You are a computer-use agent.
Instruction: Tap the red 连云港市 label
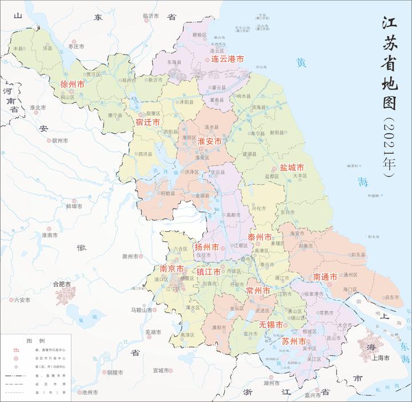point(227,59)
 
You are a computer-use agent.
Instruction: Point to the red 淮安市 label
point(209,141)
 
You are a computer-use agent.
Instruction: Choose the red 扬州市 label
point(207,247)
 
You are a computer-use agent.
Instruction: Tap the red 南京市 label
point(172,269)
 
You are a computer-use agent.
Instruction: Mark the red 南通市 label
point(325,277)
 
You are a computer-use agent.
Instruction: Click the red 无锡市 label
point(271,325)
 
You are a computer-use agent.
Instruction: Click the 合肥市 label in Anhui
point(61,284)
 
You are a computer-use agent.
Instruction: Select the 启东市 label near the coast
point(391,297)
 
